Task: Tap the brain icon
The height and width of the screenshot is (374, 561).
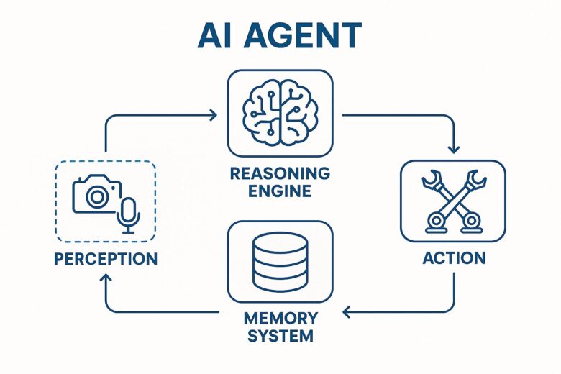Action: [280, 112]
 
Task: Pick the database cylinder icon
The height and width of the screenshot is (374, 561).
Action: [280, 260]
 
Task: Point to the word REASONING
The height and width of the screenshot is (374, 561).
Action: [280, 174]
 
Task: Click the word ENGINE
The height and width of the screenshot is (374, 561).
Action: [280, 191]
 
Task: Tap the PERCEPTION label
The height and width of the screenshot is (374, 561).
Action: [105, 258]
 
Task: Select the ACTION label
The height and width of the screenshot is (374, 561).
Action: [452, 257]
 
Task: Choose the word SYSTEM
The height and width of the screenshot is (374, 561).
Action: [280, 336]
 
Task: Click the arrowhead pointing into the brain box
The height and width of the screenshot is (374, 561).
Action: [214, 114]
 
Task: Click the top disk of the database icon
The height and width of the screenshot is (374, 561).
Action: [280, 243]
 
